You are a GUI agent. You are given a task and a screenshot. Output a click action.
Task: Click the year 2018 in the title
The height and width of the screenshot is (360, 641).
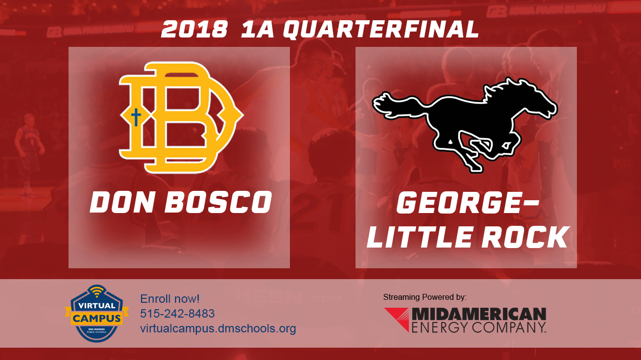coord(194,30)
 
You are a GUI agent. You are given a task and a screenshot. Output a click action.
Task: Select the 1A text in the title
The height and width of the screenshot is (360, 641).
coord(257,30)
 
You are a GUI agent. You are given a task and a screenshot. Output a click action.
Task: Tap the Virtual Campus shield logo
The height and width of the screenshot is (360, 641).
coord(97,314)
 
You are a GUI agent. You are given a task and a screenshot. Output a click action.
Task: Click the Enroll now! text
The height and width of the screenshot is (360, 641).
coord(170,299)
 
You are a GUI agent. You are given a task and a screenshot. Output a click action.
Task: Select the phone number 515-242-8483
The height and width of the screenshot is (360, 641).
coord(178,314)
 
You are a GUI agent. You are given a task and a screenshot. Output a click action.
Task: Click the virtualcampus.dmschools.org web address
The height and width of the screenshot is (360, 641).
coord(218,328)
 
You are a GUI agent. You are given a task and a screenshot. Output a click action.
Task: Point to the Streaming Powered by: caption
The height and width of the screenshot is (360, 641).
coord(425,297)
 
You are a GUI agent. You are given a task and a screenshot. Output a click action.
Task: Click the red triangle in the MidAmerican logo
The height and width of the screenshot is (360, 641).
coord(396,319)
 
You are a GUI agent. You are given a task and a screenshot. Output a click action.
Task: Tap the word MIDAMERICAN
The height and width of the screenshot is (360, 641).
coord(478,314)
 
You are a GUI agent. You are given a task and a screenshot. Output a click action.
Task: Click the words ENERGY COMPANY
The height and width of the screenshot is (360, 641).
coord(478,326)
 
